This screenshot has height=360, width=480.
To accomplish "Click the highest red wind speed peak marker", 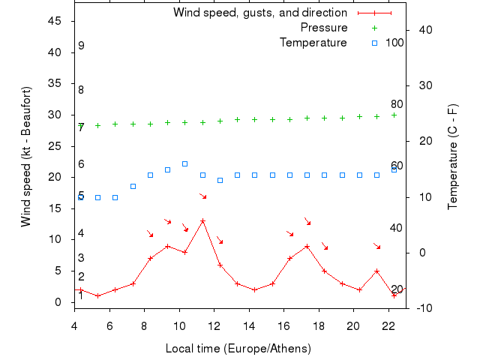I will click(x=202, y=220).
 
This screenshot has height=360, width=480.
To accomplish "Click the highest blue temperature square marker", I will click(x=184, y=163).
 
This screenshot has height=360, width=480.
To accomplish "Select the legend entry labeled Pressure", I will click(x=323, y=28).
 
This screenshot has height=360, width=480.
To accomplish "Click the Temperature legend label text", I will click(x=313, y=43).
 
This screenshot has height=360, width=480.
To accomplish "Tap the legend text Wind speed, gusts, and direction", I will click(x=259, y=13).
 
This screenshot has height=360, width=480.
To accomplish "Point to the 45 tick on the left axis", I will click(x=55, y=21).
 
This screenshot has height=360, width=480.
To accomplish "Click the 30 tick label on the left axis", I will click(x=55, y=115).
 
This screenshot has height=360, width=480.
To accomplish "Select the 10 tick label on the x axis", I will click(x=179, y=325).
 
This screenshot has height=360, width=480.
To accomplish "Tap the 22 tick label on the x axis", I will click(x=388, y=325).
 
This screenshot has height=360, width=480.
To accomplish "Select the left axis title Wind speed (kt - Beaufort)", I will click(x=25, y=157).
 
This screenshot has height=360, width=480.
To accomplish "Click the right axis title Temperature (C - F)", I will click(x=452, y=157).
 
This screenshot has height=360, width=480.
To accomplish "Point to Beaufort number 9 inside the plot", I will click(x=81, y=46).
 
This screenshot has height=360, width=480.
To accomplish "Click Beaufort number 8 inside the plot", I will click(x=81, y=90).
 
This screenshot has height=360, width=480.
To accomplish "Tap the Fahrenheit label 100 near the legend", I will click(x=394, y=43).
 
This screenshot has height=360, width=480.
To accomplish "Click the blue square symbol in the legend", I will click(x=374, y=43).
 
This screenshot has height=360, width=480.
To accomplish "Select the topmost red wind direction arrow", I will click(x=202, y=196).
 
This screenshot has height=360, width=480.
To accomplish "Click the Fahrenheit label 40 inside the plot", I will click(x=396, y=228).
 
